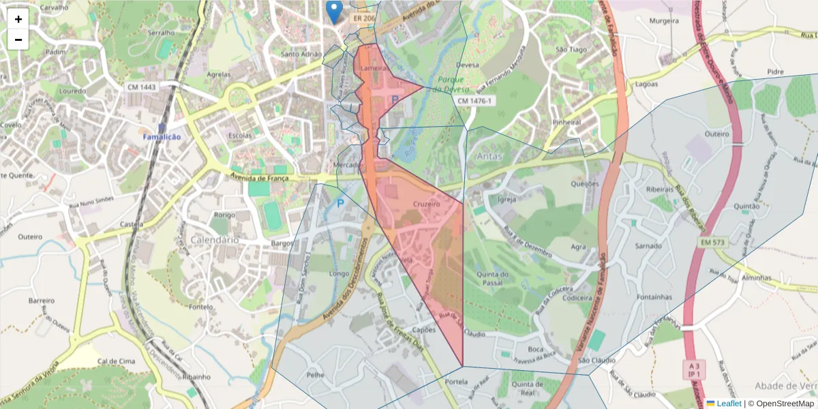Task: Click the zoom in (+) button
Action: click(18, 19)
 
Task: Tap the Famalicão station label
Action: click(162, 137)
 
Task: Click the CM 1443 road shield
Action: click(141, 87)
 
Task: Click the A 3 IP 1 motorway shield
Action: click(693, 369)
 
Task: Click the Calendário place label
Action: click(216, 240)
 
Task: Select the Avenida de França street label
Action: click(259, 179)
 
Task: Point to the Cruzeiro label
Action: click(427, 204)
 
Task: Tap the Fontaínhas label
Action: click(652, 297)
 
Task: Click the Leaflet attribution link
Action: click(723, 404)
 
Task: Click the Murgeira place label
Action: click(664, 21)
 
